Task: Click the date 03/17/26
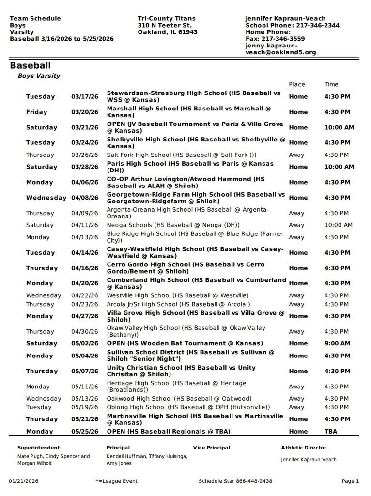(x=85, y=97)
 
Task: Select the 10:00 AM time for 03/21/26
(x=339, y=128)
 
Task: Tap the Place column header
(x=296, y=84)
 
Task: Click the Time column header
(x=331, y=84)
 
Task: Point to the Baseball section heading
(x=30, y=65)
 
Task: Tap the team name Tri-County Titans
(x=167, y=18)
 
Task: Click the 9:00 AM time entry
(x=337, y=343)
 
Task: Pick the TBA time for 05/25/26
(x=331, y=431)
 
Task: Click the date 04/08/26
(x=85, y=198)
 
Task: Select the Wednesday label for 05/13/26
(x=44, y=399)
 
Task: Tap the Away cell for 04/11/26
(x=296, y=225)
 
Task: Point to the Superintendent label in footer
(x=39, y=448)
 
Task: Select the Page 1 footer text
(x=350, y=481)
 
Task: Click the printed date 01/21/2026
(x=24, y=481)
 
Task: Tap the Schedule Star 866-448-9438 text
(x=235, y=481)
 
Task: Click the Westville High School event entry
(x=178, y=295)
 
